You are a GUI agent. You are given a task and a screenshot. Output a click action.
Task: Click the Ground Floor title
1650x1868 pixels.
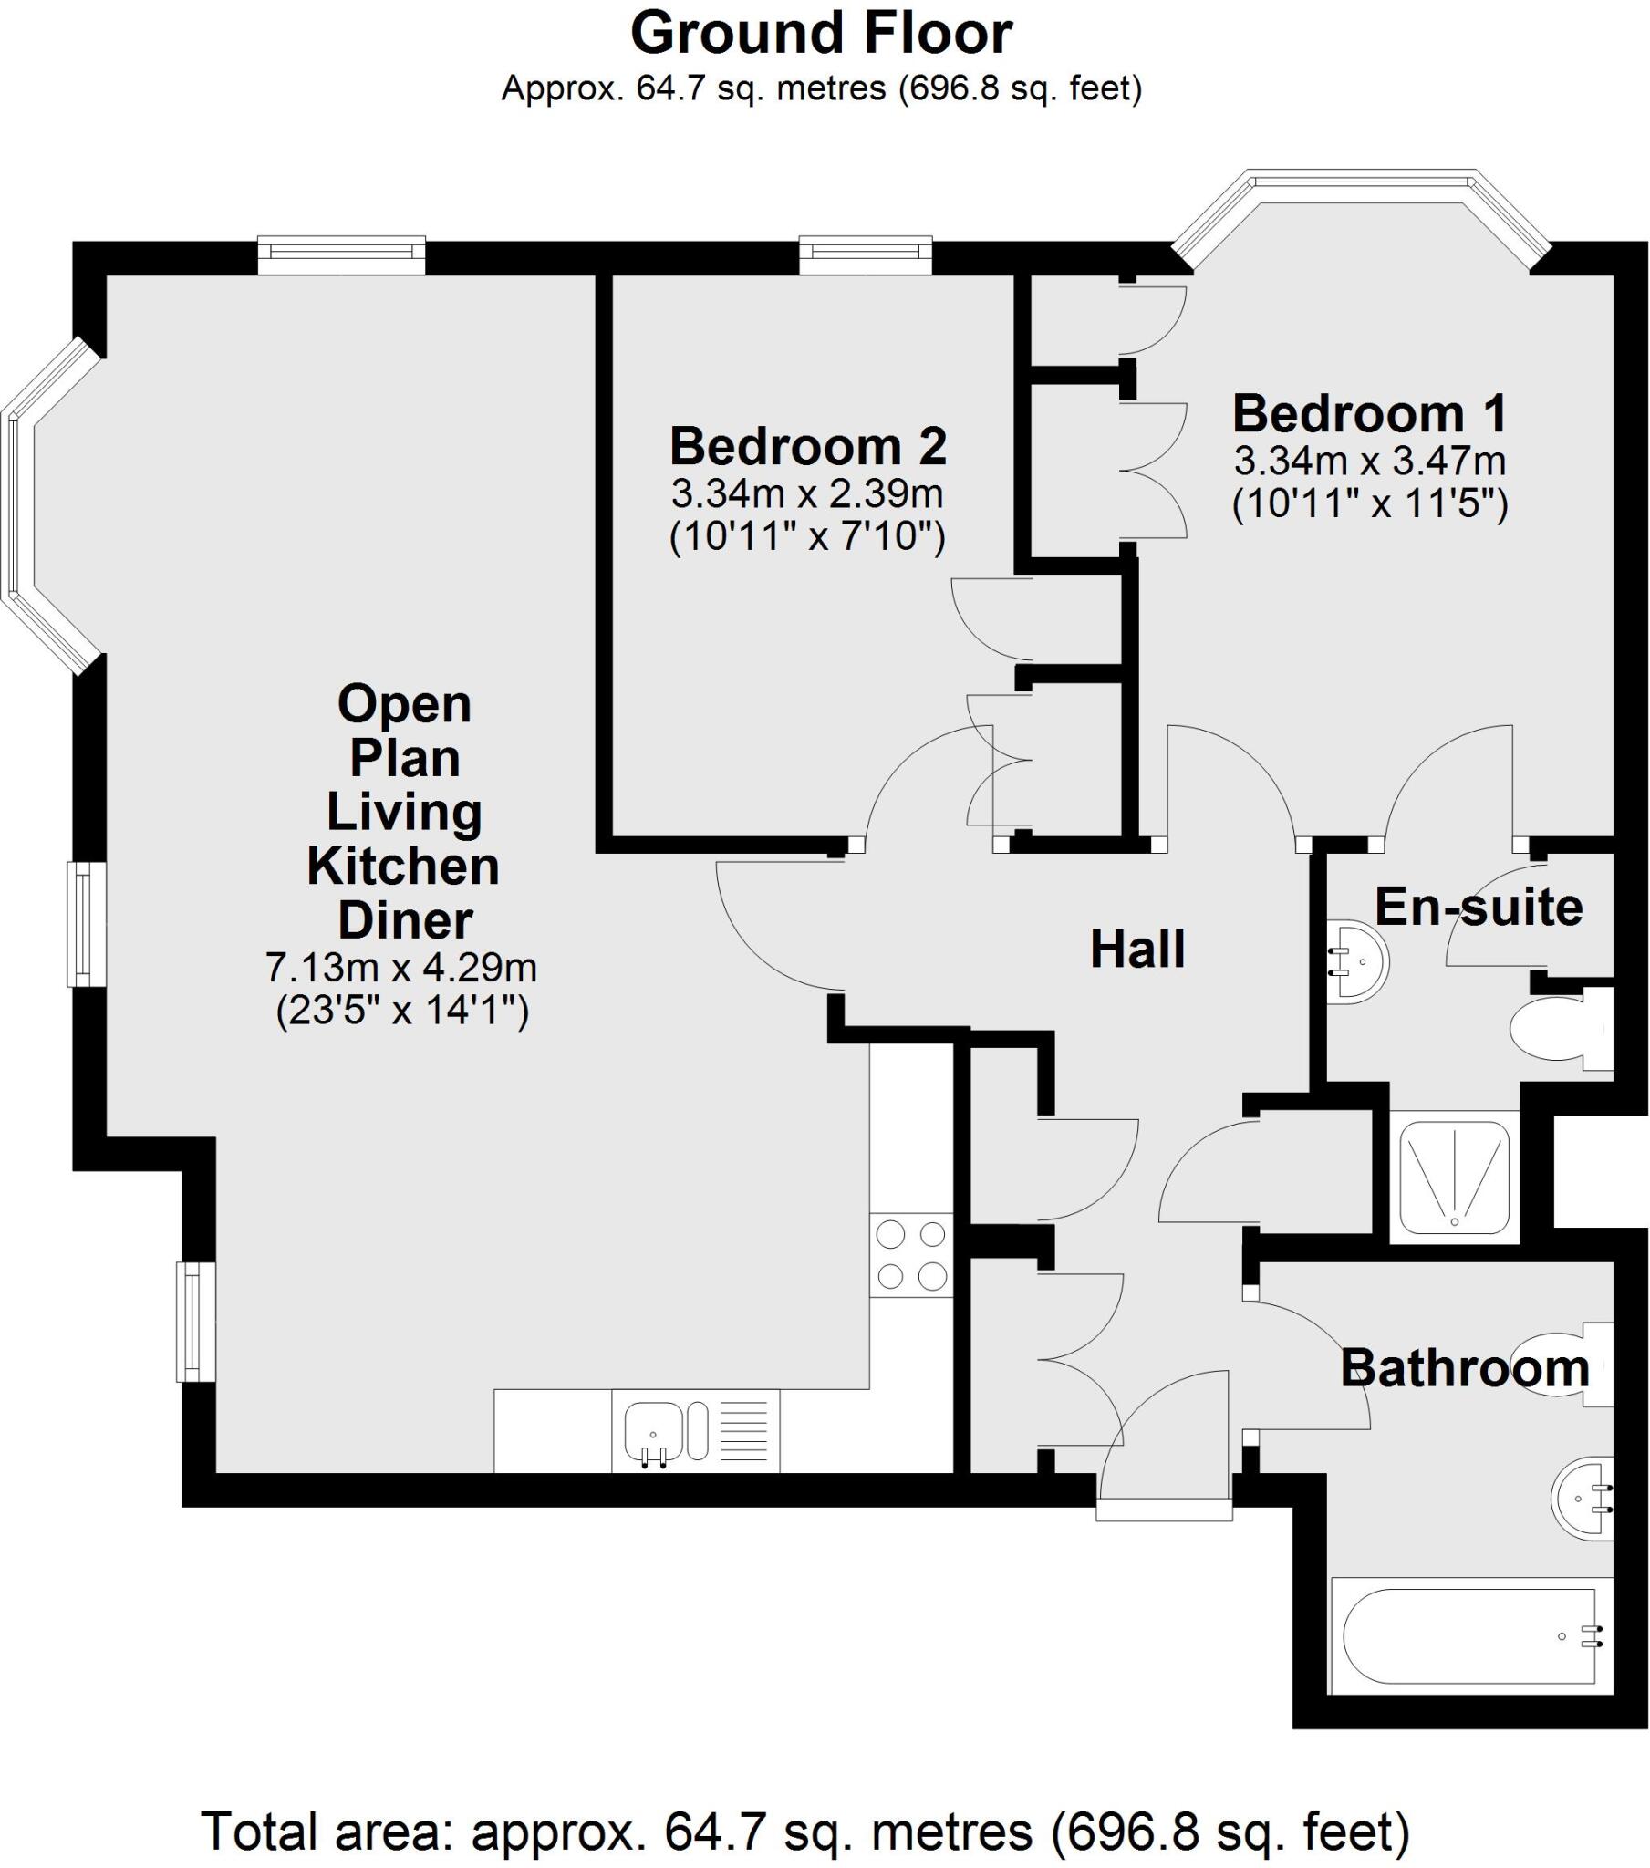click(x=821, y=35)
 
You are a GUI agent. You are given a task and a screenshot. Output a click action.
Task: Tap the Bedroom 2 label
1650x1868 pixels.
click(x=808, y=447)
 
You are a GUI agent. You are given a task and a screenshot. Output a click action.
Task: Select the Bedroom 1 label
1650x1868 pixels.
click(x=1369, y=414)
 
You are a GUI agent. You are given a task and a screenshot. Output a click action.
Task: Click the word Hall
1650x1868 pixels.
click(x=1137, y=949)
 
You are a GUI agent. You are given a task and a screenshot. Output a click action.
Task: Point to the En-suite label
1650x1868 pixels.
click(x=1479, y=908)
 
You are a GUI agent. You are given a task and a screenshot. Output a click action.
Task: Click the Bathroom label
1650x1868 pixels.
click(x=1465, y=1368)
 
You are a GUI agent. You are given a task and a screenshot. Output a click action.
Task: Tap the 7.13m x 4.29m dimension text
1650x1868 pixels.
click(x=401, y=967)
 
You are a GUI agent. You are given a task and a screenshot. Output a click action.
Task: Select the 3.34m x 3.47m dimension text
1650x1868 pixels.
click(x=1369, y=461)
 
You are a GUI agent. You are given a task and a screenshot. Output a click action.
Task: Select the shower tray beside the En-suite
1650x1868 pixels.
click(x=1454, y=1177)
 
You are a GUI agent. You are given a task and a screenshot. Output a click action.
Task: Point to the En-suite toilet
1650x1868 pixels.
click(x=1561, y=1032)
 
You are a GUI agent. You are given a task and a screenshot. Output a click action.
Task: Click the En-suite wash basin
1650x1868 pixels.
click(x=1359, y=962)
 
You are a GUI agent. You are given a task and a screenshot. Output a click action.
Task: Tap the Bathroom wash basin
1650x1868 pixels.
click(x=1583, y=1499)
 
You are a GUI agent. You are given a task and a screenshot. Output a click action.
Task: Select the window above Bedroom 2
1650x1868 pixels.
click(x=865, y=255)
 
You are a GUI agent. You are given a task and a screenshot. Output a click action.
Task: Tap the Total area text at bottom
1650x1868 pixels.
click(x=804, y=1832)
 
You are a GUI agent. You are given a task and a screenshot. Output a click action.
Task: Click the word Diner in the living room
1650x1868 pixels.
click(x=405, y=919)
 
